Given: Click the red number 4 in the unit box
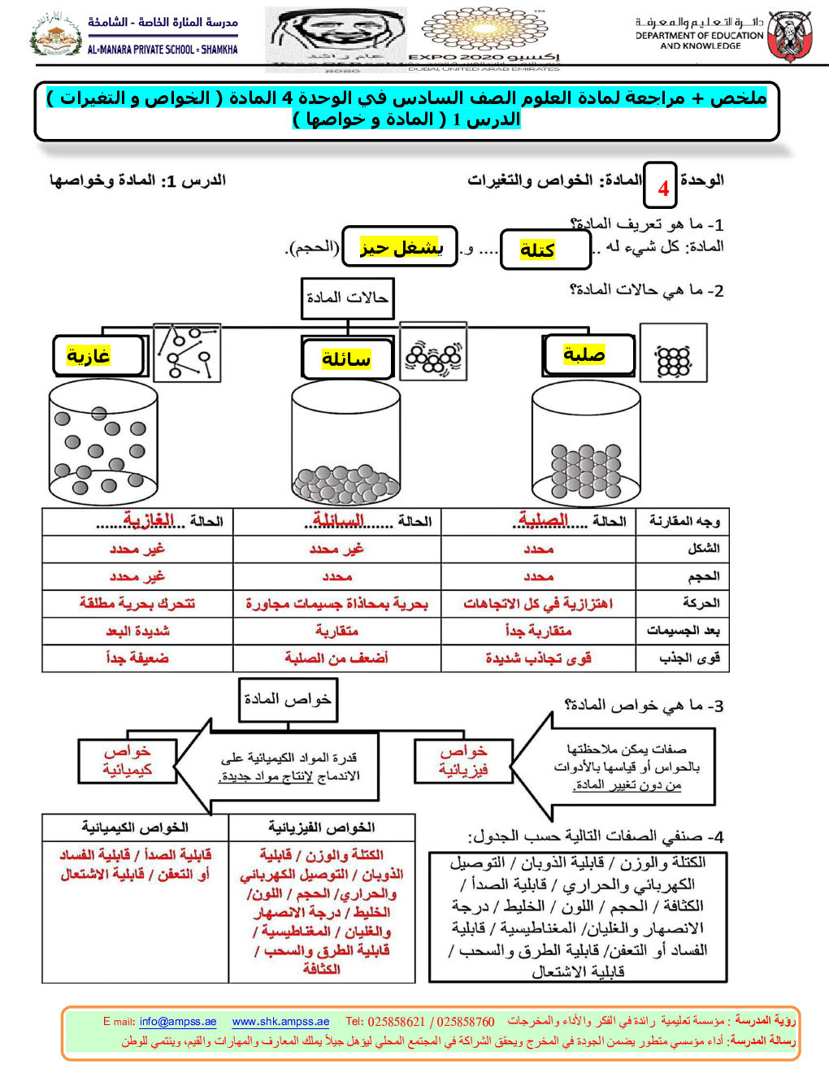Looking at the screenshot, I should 663,189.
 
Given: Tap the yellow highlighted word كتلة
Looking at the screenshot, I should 537,250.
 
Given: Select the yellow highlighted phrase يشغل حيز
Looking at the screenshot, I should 401,247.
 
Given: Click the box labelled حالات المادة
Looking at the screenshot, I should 347,298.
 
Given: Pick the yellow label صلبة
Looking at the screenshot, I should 584,354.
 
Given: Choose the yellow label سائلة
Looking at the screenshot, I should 346,358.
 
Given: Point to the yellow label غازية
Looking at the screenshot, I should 89,355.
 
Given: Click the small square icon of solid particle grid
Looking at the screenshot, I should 673,353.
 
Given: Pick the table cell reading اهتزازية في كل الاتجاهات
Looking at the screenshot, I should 538,604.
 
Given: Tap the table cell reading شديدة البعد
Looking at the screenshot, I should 137,631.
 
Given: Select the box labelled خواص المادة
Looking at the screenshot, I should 288,699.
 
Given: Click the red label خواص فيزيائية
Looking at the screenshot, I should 463,761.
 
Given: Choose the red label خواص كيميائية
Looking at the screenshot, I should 127,761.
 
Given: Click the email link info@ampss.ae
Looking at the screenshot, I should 178,1022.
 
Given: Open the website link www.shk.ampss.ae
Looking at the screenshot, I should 280,1022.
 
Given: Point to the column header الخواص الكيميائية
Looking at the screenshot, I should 135,828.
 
